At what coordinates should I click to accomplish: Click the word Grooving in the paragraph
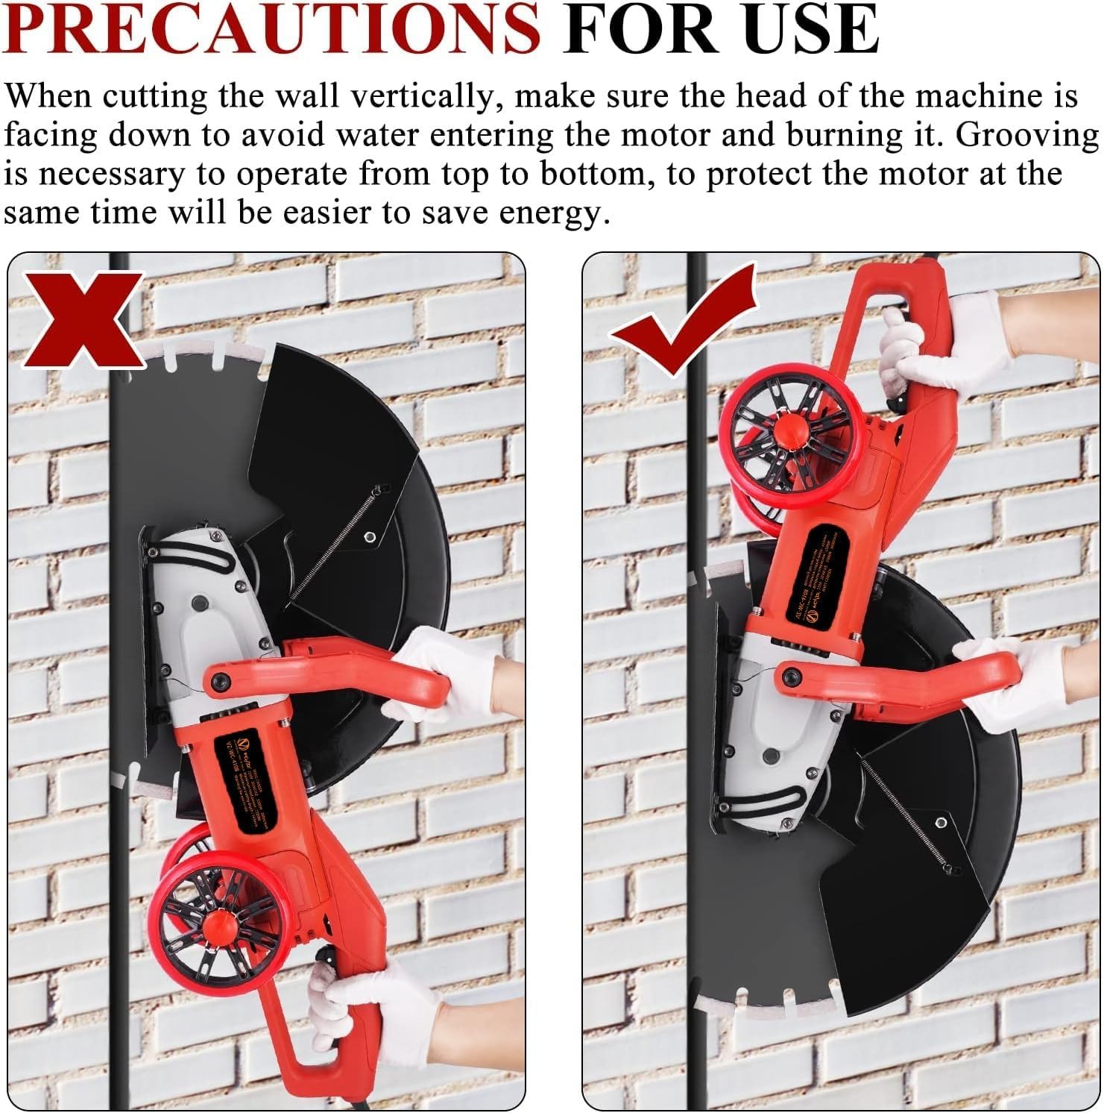[x=1027, y=135]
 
